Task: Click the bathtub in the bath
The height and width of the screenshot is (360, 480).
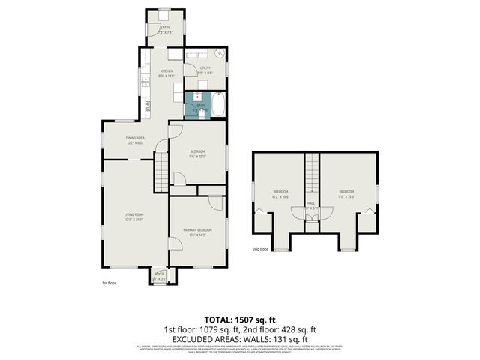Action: point(218,104)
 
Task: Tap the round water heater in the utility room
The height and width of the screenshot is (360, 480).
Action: point(219,54)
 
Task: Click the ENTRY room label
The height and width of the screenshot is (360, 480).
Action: point(166,29)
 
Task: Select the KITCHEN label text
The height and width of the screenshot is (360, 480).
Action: point(166,73)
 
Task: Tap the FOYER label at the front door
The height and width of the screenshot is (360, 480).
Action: point(159,275)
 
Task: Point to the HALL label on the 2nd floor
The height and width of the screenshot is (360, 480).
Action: point(312,202)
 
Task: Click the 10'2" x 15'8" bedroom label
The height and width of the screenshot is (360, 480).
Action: point(280,194)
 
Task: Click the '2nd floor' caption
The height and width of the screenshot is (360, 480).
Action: point(259,248)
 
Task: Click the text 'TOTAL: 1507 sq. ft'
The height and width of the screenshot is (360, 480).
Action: point(239,319)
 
